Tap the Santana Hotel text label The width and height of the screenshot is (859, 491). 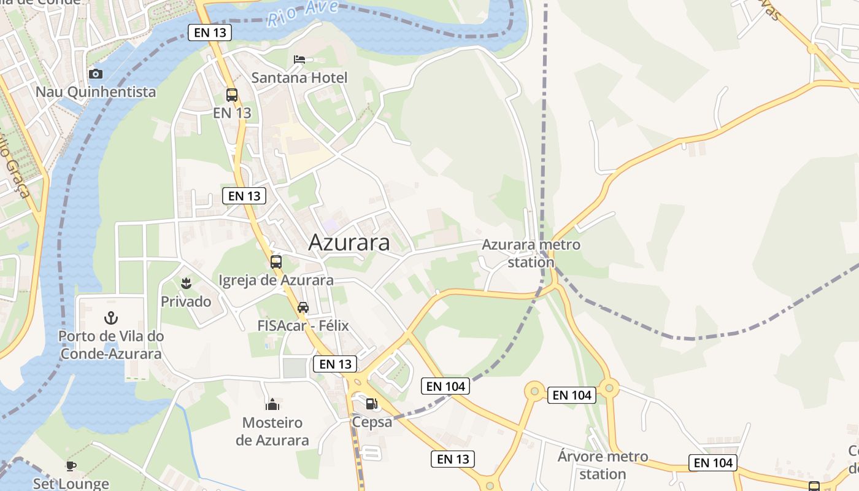click(299, 78)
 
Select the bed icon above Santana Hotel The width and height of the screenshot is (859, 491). click(299, 60)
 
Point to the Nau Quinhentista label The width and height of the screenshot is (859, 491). click(96, 92)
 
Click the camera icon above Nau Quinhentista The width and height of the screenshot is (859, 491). click(96, 74)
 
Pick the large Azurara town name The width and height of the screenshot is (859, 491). click(349, 242)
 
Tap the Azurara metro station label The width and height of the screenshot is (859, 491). click(531, 253)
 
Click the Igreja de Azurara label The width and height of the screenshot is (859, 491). click(276, 280)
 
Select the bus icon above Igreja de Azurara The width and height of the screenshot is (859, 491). click(276, 262)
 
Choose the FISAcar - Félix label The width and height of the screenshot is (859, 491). click(304, 326)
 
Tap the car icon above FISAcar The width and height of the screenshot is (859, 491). click(302, 307)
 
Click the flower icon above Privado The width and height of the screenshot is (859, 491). click(185, 284)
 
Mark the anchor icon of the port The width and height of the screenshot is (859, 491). click(111, 318)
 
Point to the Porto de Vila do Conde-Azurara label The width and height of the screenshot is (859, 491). click(111, 345)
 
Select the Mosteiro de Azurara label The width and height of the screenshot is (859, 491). click(272, 431)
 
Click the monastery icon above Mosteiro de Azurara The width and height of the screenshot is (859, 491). click(272, 404)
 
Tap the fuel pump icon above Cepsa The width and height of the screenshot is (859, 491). click(371, 404)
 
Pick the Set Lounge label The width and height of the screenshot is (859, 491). click(71, 484)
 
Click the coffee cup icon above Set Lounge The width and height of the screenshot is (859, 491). click(71, 466)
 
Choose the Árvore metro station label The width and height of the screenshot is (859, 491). click(603, 465)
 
